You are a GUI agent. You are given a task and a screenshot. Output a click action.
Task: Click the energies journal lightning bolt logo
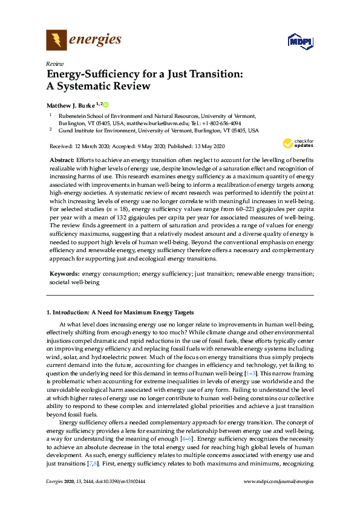point(56,41)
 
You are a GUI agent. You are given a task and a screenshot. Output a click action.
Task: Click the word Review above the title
point(54,63)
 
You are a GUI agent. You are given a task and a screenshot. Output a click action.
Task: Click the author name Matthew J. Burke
point(73,105)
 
